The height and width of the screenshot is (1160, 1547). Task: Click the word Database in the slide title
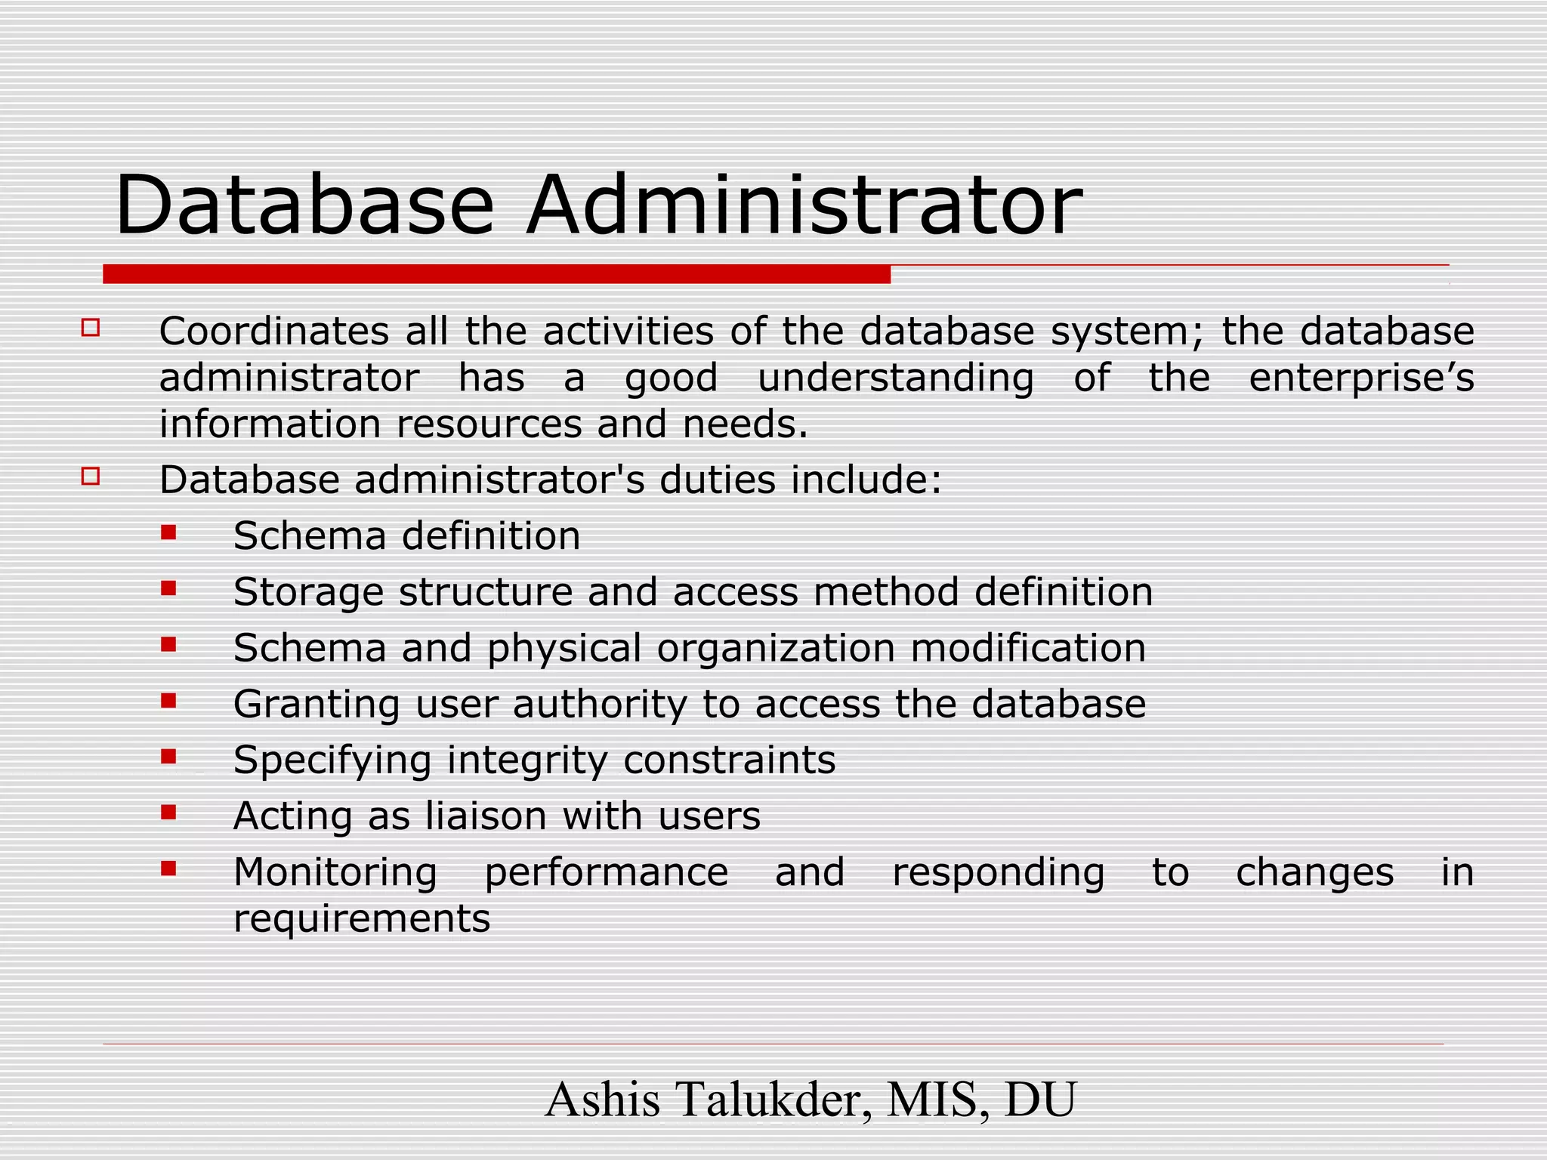[304, 205]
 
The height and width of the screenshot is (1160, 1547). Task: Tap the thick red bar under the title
[496, 274]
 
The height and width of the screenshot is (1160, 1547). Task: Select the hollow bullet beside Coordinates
[91, 328]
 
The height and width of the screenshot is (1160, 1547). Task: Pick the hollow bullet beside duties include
[91, 476]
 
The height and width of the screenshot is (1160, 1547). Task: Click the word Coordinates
[273, 332]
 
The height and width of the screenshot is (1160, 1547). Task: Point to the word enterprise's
[1361, 378]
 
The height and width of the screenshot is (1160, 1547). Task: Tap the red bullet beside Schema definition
[168, 532]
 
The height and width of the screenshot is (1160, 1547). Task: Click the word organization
[776, 649]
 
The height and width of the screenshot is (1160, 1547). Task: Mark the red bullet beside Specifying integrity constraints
[168, 756]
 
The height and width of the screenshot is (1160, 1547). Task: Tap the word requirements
[362, 919]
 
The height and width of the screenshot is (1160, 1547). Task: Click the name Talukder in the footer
[770, 1100]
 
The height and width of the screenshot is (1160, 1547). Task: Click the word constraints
[730, 760]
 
